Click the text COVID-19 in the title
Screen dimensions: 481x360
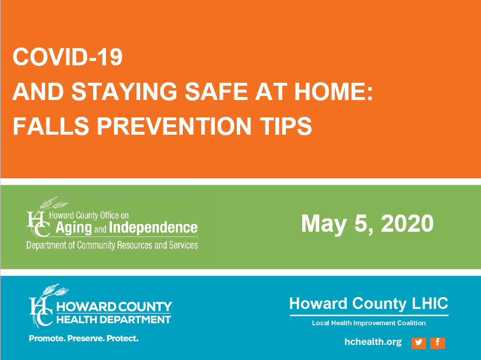pos(67,57)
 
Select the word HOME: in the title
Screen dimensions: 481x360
pos(333,92)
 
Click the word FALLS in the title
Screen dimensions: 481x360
pos(51,126)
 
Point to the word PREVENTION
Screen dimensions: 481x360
pos(174,126)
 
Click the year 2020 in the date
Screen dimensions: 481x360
pos(407,223)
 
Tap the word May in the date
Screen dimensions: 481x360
pos(324,224)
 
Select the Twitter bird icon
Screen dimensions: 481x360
pos(419,343)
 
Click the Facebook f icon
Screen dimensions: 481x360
pos(437,343)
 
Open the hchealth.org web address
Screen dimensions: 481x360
pos(373,342)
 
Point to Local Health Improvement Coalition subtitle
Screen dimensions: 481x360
pos(369,323)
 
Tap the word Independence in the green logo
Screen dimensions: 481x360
pos(153,227)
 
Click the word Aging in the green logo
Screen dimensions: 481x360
pos(74,228)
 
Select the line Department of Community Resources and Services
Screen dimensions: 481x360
pos(112,245)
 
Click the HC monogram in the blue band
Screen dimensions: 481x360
pos(41,310)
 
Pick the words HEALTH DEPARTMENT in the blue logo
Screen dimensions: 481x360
pos(113,319)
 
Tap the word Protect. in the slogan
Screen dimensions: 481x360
pos(122,338)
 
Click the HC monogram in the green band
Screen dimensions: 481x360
pos(38,224)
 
